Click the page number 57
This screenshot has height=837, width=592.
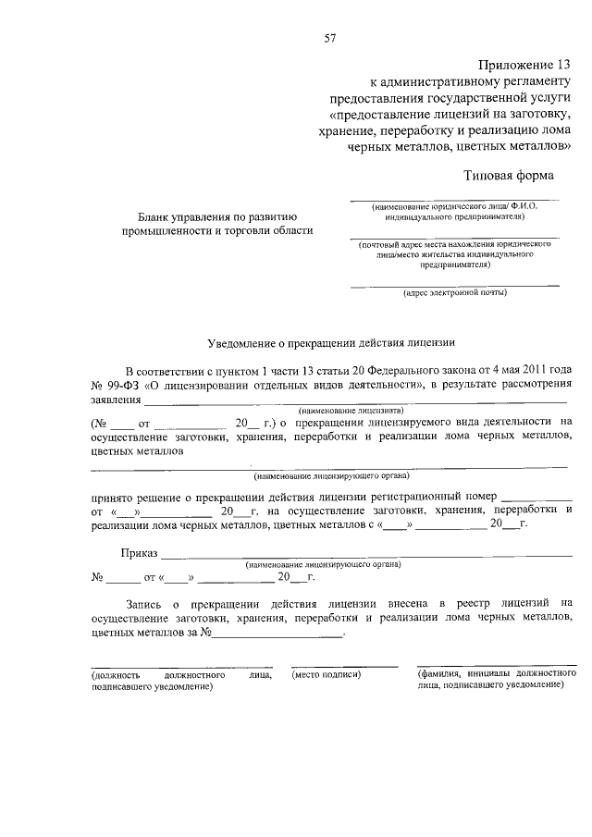(328, 38)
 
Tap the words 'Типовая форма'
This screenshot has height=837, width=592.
(509, 175)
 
